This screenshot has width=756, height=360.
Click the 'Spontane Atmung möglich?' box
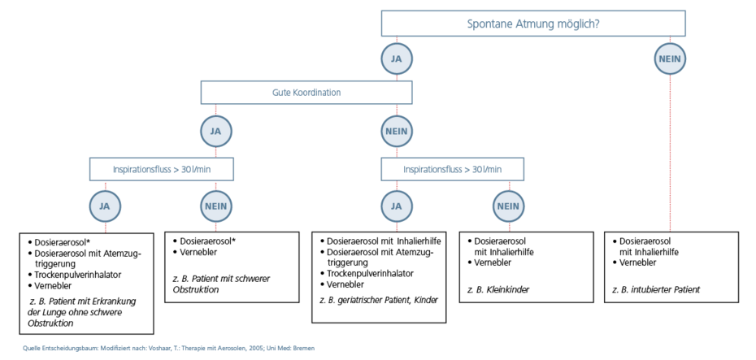coord(534,24)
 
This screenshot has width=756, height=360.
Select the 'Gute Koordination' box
coord(306,93)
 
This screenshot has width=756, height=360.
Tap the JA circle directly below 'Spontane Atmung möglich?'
coord(397,59)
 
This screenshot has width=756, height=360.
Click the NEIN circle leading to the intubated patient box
coord(671,59)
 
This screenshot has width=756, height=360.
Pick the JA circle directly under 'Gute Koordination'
coord(216,130)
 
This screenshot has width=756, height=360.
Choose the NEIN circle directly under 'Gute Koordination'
coord(397,130)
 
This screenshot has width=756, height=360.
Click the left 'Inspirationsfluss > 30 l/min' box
coord(162,169)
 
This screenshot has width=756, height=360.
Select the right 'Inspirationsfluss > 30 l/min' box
coord(453,169)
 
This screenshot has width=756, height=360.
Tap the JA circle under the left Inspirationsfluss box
coord(105,206)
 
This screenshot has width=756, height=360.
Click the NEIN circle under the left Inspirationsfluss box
coord(216,206)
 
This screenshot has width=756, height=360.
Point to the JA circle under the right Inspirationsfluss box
coord(397,206)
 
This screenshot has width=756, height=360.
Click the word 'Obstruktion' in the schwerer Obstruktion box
coord(196,289)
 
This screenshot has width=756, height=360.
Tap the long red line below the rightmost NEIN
coord(671,154)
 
